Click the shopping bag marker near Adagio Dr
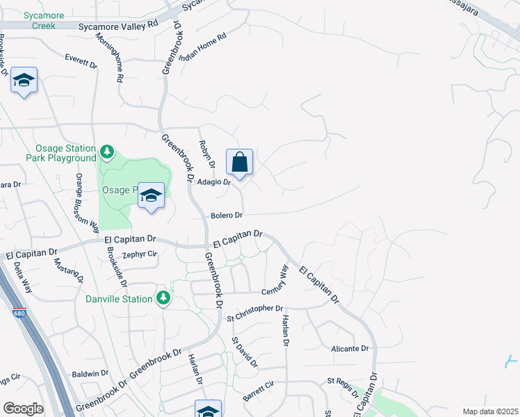coord(239,163)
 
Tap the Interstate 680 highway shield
coord(19,315)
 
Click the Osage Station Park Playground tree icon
coord(106,150)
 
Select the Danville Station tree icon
coord(163,298)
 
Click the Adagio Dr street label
coord(213,182)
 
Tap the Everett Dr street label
coord(81,61)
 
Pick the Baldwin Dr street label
coord(90,373)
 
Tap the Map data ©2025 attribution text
coord(489,411)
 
